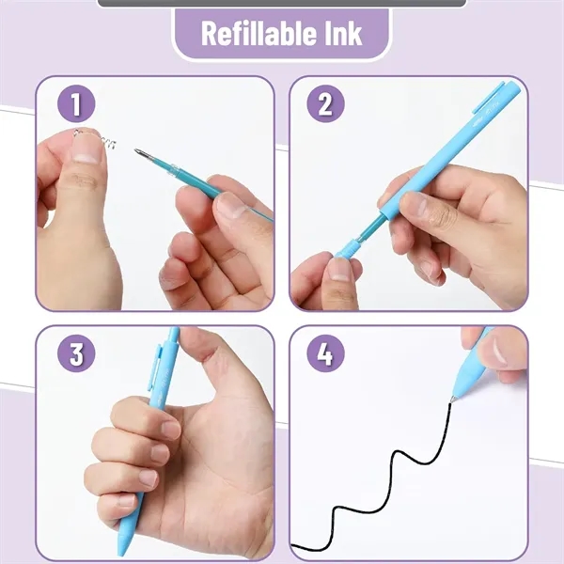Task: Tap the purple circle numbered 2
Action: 324,104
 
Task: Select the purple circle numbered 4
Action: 324,354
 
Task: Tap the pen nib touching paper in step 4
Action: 454,399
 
